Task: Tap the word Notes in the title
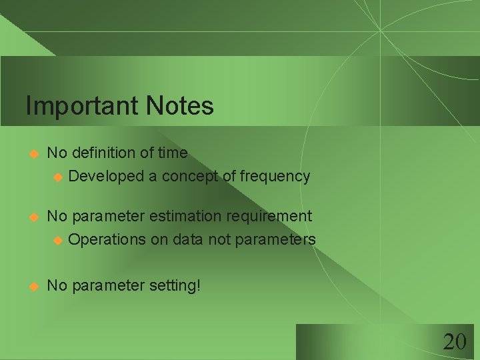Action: point(180,106)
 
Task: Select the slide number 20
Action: point(454,342)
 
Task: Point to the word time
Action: point(173,153)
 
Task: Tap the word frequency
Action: point(275,177)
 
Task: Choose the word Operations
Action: point(107,239)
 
